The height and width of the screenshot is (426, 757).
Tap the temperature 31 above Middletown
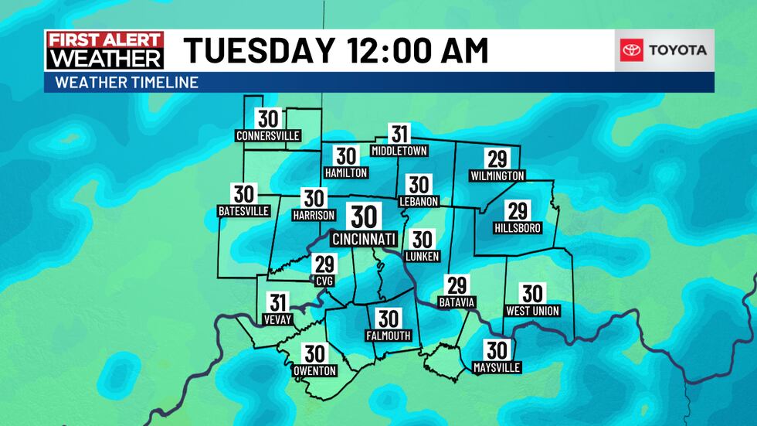pyautogui.click(x=399, y=134)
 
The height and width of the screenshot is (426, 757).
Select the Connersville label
pyautogui.click(x=268, y=136)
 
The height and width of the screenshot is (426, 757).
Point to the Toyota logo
pyautogui.click(x=664, y=50)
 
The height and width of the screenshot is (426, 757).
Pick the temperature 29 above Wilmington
pyautogui.click(x=497, y=159)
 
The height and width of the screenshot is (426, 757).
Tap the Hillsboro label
pyautogui.click(x=517, y=228)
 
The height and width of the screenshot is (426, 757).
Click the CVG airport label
pyautogui.click(x=324, y=281)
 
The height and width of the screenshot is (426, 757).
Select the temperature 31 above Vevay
pyautogui.click(x=278, y=303)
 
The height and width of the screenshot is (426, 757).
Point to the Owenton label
pyautogui.click(x=314, y=371)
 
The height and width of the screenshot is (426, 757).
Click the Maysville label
pyautogui.click(x=497, y=367)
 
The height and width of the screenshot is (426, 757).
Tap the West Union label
pyautogui.click(x=532, y=311)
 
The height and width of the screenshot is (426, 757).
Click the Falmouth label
pyautogui.click(x=388, y=336)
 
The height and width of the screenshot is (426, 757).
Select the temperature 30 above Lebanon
pyautogui.click(x=419, y=185)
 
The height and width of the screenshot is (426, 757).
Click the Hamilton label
pyautogui.click(x=346, y=173)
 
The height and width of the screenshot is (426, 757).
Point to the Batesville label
pyautogui.click(x=244, y=211)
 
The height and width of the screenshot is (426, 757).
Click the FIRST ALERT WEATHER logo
pyautogui.click(x=104, y=50)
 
